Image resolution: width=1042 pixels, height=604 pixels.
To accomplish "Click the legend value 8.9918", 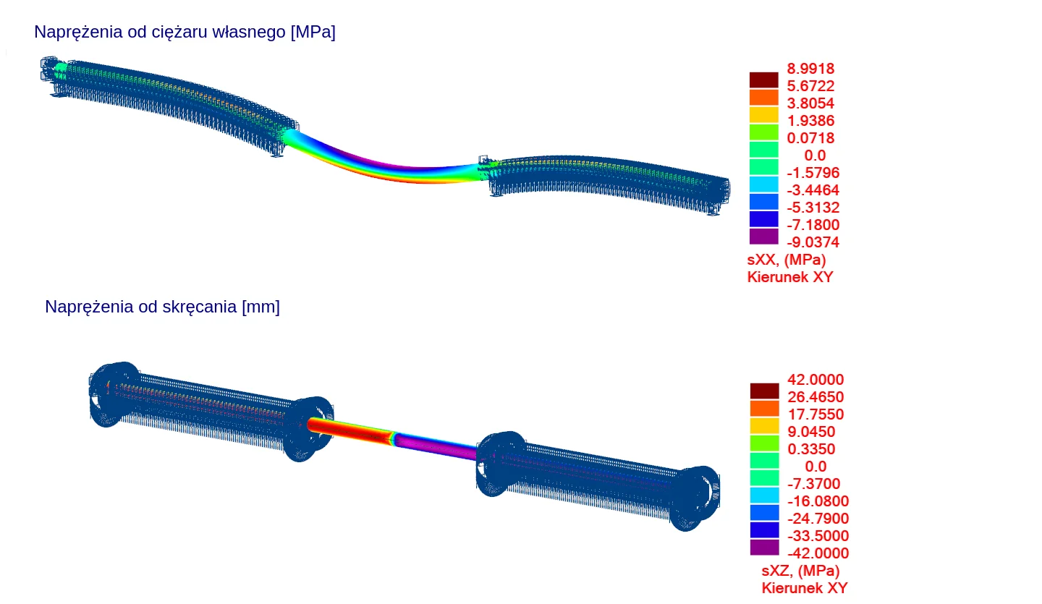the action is pyautogui.click(x=810, y=69).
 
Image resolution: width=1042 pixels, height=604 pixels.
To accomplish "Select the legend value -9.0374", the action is pyautogui.click(x=813, y=242).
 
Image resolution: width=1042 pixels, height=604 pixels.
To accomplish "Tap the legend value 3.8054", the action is pyautogui.click(x=810, y=103).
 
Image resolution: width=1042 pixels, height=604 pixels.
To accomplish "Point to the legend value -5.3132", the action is pyautogui.click(x=813, y=208).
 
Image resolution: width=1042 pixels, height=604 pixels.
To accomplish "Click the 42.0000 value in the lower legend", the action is pyautogui.click(x=816, y=380).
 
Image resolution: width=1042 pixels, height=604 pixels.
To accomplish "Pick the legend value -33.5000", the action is pyautogui.click(x=818, y=536).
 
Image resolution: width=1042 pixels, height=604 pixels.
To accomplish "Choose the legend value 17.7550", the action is pyautogui.click(x=816, y=414).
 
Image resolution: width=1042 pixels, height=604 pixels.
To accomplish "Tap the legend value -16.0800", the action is pyautogui.click(x=818, y=501).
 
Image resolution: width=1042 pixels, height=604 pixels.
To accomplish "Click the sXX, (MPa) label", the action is pyautogui.click(x=786, y=260).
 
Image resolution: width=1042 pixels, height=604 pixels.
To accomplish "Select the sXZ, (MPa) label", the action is pyautogui.click(x=800, y=571).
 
